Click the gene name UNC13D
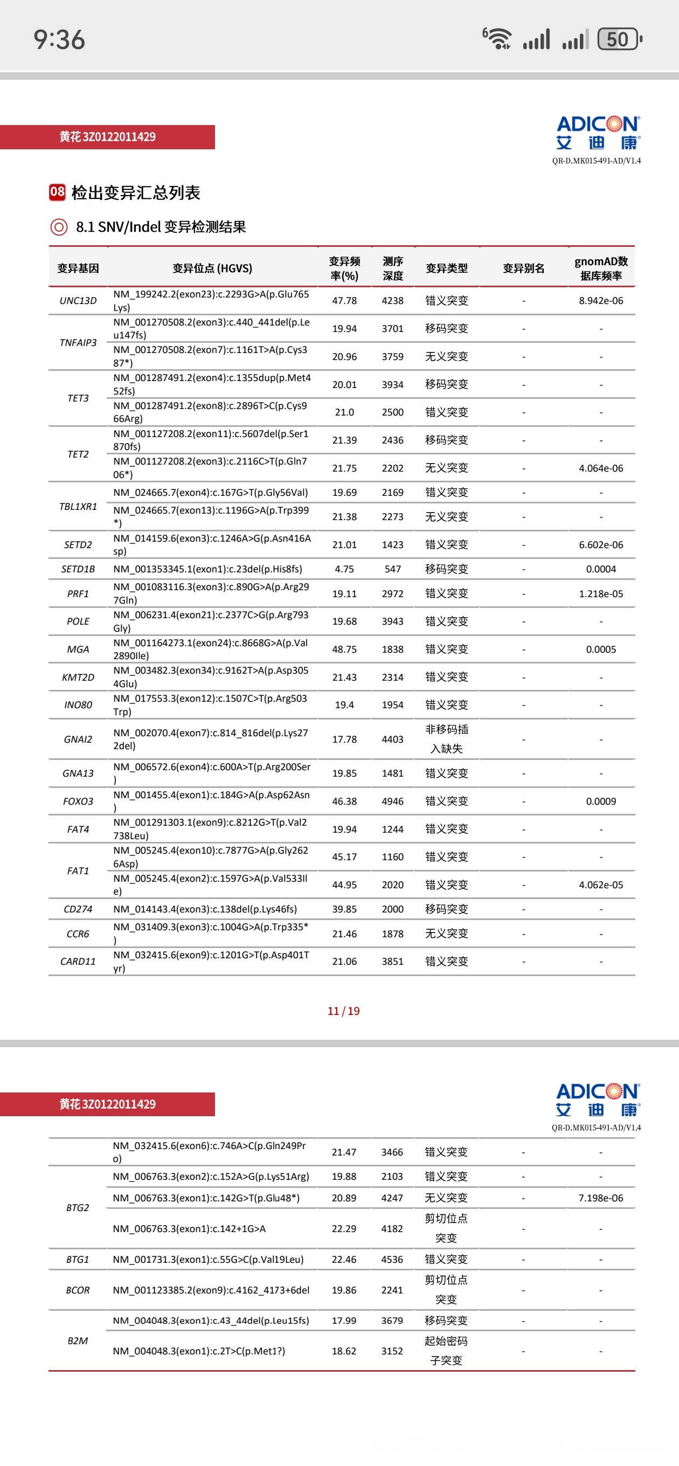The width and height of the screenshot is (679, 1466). pyautogui.click(x=78, y=301)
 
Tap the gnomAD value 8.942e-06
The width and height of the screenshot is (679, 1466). pyautogui.click(x=600, y=301)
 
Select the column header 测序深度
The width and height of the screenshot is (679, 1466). pyautogui.click(x=393, y=268)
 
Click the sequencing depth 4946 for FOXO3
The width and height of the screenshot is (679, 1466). pyautogui.click(x=392, y=801)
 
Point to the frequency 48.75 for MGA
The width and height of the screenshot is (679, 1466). pyautogui.click(x=344, y=649)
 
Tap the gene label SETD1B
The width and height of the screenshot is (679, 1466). pyautogui.click(x=78, y=569)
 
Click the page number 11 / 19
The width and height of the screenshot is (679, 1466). pyautogui.click(x=343, y=1011)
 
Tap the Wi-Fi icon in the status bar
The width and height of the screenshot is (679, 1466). pyautogui.click(x=497, y=39)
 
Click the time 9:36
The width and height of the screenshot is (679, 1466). pyautogui.click(x=59, y=40)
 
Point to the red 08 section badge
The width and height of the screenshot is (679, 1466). pyautogui.click(x=57, y=192)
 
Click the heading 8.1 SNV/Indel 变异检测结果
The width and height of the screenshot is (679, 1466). pyautogui.click(x=161, y=227)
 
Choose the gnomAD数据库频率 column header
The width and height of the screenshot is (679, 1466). pyautogui.click(x=600, y=268)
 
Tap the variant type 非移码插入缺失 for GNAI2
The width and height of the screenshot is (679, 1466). pyautogui.click(x=446, y=739)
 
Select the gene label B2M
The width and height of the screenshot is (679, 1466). pyautogui.click(x=78, y=1341)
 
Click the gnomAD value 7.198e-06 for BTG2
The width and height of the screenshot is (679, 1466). pyautogui.click(x=600, y=1198)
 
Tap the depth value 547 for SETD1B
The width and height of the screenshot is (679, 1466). pyautogui.click(x=392, y=569)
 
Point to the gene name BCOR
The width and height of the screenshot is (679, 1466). pyautogui.click(x=78, y=1290)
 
